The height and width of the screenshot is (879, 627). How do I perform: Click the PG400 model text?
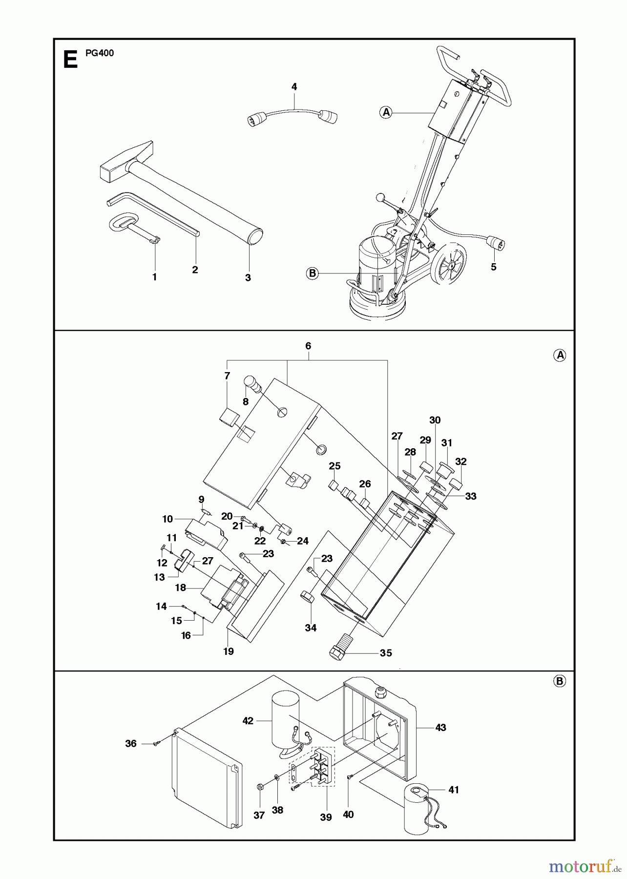click(x=100, y=53)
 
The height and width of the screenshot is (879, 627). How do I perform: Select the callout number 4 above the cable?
click(x=294, y=87)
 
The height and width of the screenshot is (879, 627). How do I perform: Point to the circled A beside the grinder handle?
click(x=386, y=112)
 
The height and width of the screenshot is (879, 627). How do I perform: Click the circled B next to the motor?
click(x=313, y=273)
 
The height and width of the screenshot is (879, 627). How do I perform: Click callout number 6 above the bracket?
click(x=308, y=346)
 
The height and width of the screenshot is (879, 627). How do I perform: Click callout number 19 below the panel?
click(x=229, y=651)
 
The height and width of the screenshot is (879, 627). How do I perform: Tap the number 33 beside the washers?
click(x=470, y=496)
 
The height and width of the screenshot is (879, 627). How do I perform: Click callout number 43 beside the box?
click(x=440, y=728)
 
